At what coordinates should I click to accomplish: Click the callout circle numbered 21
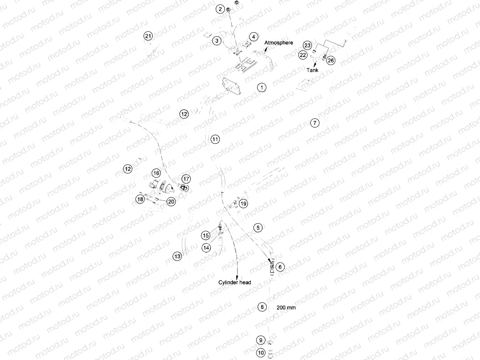[148, 36]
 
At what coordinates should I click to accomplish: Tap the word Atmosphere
[279, 42]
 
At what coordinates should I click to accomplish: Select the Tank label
[312, 70]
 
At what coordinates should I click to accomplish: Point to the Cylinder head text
[234, 282]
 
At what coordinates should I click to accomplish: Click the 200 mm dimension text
[286, 307]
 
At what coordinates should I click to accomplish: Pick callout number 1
[262, 88]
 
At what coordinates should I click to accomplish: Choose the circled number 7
[315, 123]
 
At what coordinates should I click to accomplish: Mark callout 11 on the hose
[215, 139]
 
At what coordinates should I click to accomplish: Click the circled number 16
[156, 173]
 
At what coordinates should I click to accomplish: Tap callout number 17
[186, 179]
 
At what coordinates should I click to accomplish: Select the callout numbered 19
[243, 203]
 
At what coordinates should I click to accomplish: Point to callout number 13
[177, 256]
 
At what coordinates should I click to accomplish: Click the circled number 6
[280, 267]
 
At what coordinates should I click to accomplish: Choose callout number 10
[261, 353]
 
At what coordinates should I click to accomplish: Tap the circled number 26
[330, 60]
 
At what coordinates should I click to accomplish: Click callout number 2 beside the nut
[220, 9]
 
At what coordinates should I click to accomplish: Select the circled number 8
[262, 307]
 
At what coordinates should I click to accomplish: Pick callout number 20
[171, 201]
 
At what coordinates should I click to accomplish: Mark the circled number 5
[258, 227]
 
